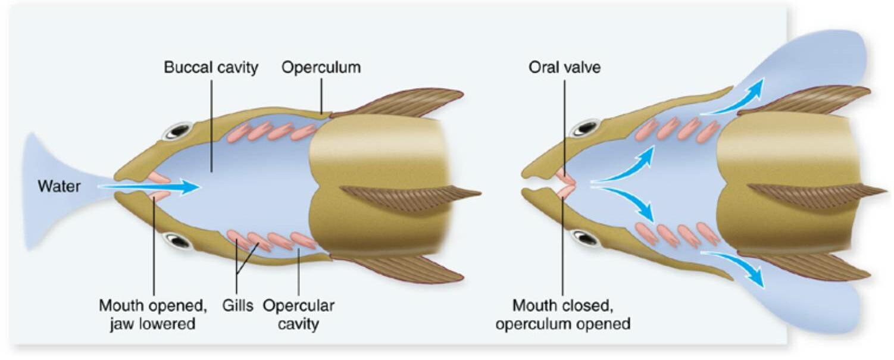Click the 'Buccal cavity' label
click(x=211, y=67)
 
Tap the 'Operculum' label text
click(x=321, y=67)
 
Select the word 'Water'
click(x=59, y=186)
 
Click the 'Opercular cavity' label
click(x=298, y=315)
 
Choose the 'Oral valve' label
click(x=564, y=67)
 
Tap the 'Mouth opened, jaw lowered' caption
click(x=152, y=315)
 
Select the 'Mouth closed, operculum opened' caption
click(x=563, y=315)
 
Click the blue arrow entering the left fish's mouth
click(x=149, y=187)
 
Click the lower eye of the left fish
click(x=176, y=240)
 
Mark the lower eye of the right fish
click(x=584, y=238)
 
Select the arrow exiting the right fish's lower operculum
click(x=735, y=265)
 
